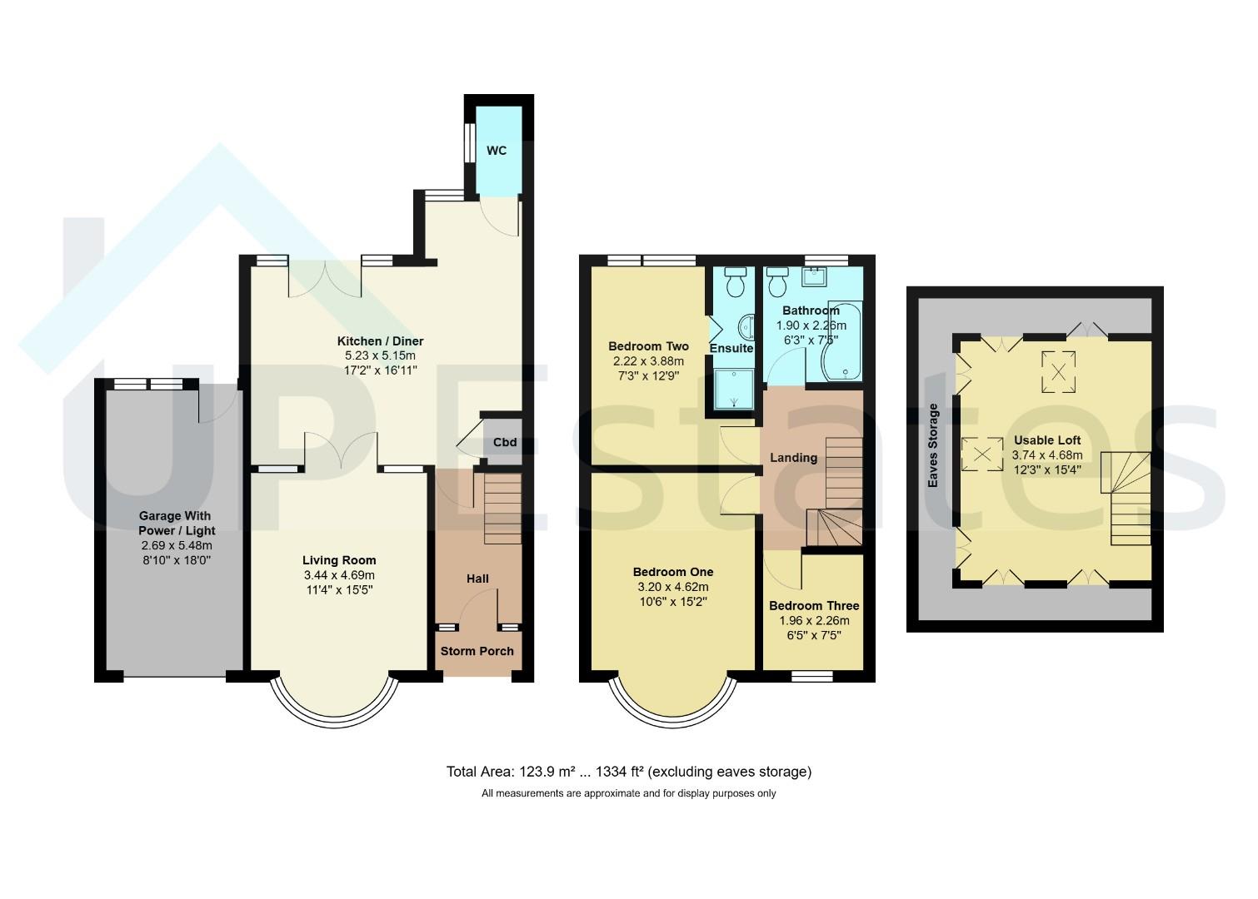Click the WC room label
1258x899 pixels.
click(x=497, y=151)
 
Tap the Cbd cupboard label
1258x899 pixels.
click(x=505, y=442)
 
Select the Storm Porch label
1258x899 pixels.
click(x=477, y=651)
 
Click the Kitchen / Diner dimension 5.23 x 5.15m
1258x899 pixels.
click(x=380, y=355)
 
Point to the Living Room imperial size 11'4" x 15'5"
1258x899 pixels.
click(x=339, y=590)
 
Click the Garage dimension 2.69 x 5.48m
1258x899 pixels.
click(x=177, y=545)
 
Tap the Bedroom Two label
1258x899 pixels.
click(x=648, y=346)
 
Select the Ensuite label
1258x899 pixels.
click(x=731, y=348)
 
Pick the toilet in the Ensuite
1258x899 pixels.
click(x=735, y=281)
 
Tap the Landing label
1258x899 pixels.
click(x=794, y=458)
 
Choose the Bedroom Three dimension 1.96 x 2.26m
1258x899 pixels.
click(x=814, y=621)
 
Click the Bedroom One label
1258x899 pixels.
click(x=673, y=572)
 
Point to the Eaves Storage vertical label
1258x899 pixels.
click(x=933, y=445)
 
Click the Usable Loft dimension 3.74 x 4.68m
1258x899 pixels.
click(x=1047, y=455)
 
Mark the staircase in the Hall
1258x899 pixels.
click(x=502, y=509)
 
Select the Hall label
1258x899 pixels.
click(x=477, y=579)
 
